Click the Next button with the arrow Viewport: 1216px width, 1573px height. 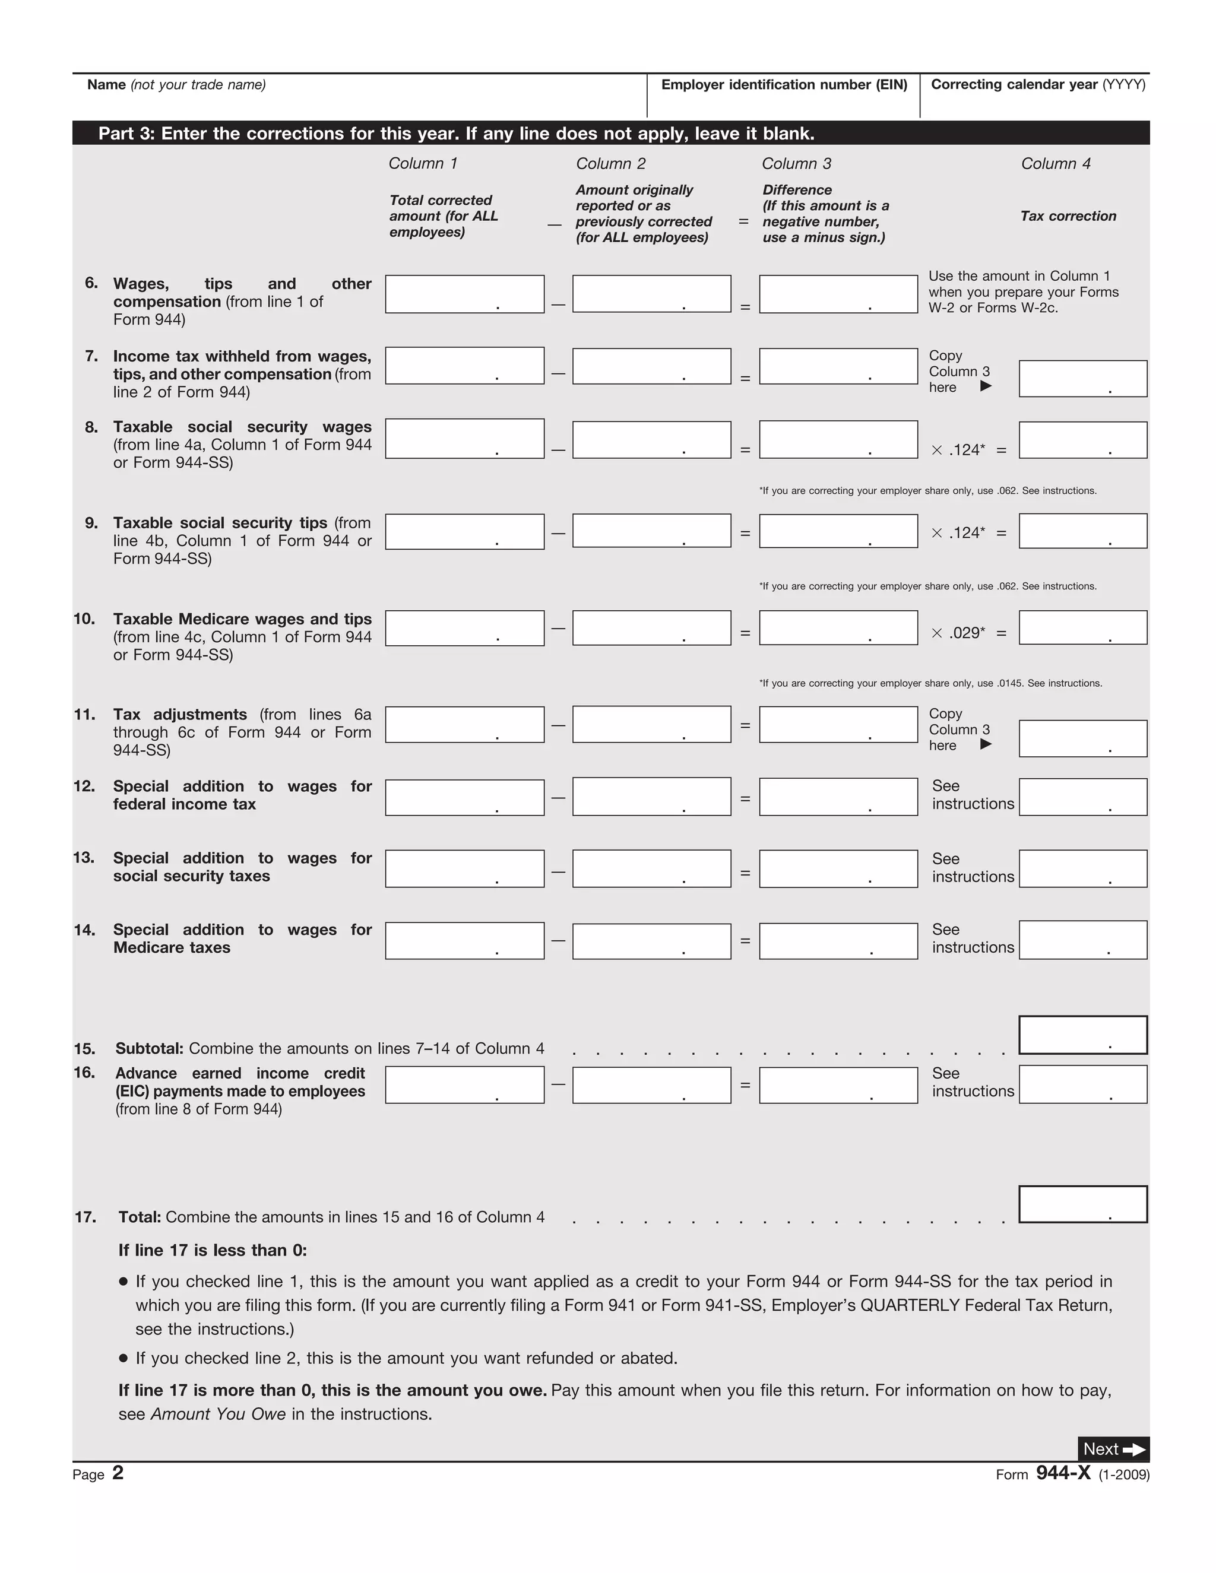(1113, 1449)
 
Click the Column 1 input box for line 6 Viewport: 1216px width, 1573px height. (465, 294)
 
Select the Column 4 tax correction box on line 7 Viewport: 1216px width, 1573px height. (1083, 379)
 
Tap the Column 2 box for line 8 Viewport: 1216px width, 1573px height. (651, 439)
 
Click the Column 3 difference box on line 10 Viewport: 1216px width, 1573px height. (838, 628)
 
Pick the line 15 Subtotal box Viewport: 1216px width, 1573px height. (1083, 1035)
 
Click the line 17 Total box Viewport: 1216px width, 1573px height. (1083, 1204)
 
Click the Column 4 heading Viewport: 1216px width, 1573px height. (1055, 163)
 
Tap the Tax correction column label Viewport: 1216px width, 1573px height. (1068, 216)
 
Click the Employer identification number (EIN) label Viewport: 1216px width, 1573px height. (784, 85)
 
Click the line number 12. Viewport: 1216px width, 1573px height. (84, 786)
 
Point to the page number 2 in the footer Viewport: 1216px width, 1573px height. (118, 1473)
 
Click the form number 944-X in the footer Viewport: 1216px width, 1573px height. (1063, 1473)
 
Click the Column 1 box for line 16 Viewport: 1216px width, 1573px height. (465, 1084)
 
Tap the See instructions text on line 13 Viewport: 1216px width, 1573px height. (973, 868)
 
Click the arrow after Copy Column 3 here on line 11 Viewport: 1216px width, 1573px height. (986, 744)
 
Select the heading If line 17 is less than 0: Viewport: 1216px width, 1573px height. (213, 1250)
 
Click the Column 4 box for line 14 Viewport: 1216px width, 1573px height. (1083, 940)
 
